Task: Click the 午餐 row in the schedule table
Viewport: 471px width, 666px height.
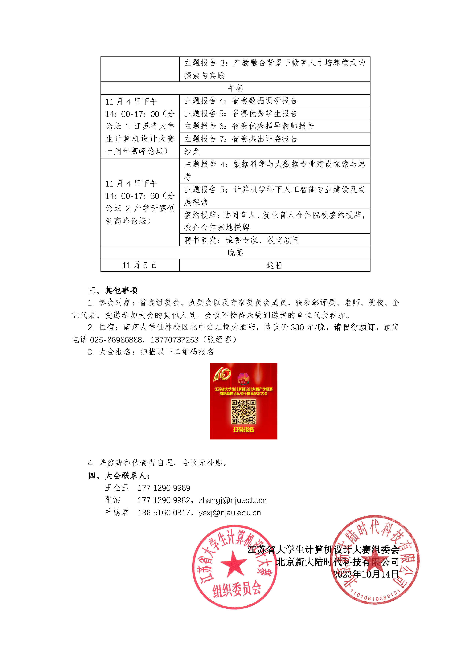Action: (x=235, y=88)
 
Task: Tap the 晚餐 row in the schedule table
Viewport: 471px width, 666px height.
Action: (x=235, y=253)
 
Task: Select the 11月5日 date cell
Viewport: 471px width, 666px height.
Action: (x=140, y=265)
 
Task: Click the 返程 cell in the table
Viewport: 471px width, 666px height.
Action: (x=274, y=265)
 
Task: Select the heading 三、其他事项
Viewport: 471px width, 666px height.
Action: (x=113, y=290)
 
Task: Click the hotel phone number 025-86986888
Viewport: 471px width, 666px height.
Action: (x=116, y=340)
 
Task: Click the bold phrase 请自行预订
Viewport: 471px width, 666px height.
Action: (x=354, y=327)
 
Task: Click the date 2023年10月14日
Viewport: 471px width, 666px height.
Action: (x=366, y=574)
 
